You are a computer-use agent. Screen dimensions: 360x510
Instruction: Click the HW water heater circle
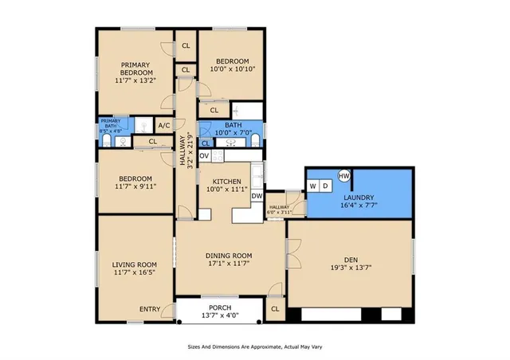pos(344,175)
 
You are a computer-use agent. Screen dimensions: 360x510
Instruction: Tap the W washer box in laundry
pos(313,186)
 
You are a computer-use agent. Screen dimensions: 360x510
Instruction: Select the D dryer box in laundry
pos(325,186)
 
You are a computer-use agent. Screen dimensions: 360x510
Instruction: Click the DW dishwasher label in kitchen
pos(257,195)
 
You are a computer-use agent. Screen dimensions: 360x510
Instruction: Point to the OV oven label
pos(204,156)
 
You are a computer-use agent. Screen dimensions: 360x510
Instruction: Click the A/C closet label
pos(164,126)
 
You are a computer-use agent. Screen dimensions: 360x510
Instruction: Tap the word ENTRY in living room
pos(149,310)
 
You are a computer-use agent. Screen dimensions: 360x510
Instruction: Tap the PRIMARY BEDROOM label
pos(135,68)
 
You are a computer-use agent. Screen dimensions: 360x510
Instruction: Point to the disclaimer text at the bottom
pos(254,347)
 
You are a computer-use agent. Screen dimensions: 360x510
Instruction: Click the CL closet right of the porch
pos(275,309)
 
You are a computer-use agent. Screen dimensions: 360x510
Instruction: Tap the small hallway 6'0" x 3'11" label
pos(276,209)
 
